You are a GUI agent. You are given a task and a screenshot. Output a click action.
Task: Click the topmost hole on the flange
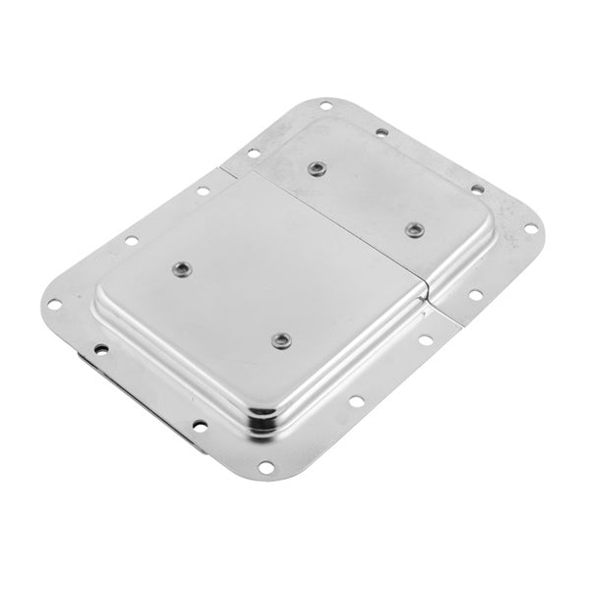(324, 105)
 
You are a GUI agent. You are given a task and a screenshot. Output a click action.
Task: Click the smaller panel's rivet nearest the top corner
(316, 168)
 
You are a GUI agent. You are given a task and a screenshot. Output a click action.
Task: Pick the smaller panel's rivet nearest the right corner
(414, 229)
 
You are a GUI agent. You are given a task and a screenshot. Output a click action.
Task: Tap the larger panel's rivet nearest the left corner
(180, 268)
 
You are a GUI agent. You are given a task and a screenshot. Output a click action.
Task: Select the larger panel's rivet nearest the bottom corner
(280, 340)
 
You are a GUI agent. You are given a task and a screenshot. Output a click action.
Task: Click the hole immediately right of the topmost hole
(380, 130)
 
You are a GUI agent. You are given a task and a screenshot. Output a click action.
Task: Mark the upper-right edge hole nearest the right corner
(477, 189)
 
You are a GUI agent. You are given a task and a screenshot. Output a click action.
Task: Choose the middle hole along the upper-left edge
(203, 190)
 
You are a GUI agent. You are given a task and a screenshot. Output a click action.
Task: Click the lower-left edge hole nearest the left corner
(100, 348)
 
